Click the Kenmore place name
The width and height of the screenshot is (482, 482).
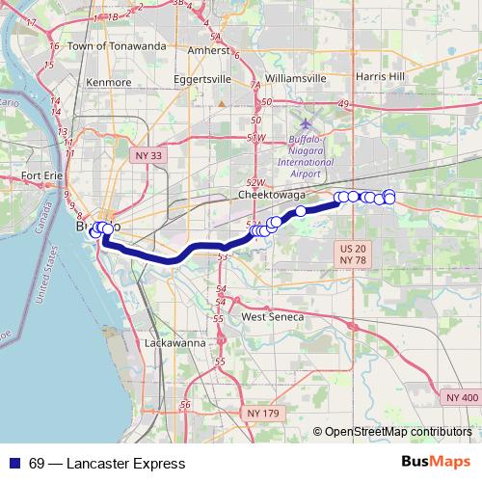pos(108,83)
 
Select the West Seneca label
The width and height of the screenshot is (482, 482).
pos(272,316)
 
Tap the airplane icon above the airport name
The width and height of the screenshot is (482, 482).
pos(307,124)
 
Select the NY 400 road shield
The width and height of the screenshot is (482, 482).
pos(462,397)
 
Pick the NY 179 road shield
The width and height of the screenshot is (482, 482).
pos(263,414)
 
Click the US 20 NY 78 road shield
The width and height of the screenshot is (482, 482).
pos(353,254)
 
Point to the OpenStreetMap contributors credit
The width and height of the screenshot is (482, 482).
pos(397,433)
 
